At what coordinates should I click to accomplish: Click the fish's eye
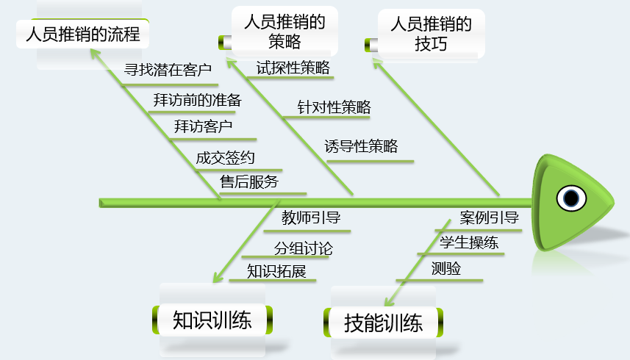571,198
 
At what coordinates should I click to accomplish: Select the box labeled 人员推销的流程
82,35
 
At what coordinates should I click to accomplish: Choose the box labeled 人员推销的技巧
431,34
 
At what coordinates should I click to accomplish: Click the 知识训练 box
212,320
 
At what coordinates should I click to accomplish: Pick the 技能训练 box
384,323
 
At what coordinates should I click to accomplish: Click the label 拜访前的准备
197,99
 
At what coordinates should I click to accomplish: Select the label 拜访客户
204,126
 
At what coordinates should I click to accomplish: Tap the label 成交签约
226,157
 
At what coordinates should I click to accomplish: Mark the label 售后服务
249,181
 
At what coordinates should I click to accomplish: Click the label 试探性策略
293,68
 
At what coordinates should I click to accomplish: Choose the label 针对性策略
334,107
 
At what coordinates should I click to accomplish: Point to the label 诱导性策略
361,146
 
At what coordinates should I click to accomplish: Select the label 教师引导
311,217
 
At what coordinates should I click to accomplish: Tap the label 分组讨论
303,248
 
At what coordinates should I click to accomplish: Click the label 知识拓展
276,271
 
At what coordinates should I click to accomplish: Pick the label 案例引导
490,217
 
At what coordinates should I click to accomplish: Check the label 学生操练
469,243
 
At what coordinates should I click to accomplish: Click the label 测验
446,269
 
